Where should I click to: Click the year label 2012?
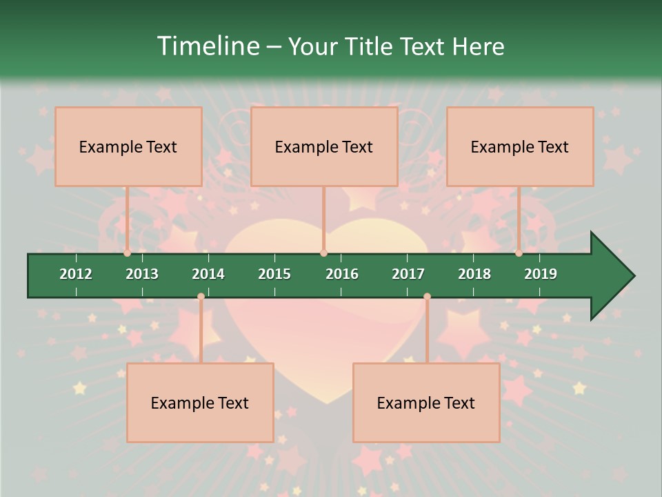point(76,274)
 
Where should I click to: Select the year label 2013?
point(142,274)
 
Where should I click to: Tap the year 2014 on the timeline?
point(208,274)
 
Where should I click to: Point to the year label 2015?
point(274,274)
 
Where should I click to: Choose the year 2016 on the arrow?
point(342,274)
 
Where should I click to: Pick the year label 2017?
point(408,274)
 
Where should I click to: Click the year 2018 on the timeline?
point(474,274)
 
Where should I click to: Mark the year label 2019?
point(541,274)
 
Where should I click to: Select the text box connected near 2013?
point(128,146)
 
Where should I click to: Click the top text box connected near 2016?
point(324,146)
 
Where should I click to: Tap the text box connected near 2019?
point(520,146)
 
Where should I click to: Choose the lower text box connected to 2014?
point(200,402)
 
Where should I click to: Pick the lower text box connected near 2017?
point(426,402)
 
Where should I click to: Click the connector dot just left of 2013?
point(128,253)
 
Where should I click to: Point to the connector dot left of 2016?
point(323,253)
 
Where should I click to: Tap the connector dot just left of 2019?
point(519,253)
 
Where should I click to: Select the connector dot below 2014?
point(201,297)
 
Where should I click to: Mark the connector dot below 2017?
point(427,297)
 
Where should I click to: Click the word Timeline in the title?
point(206,46)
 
